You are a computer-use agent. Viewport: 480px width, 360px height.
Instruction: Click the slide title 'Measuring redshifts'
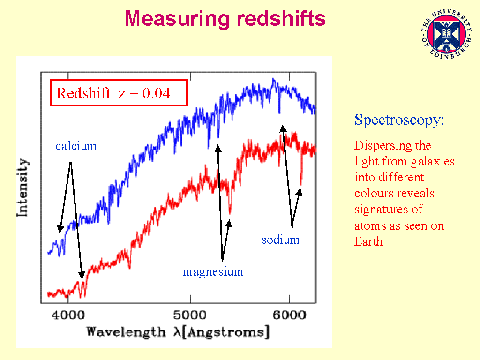click(225, 19)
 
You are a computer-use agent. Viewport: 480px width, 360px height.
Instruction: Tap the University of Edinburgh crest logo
click(447, 34)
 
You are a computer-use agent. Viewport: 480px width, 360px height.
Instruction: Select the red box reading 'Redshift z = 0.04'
click(119, 93)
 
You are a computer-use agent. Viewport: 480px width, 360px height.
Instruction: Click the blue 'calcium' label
click(75, 146)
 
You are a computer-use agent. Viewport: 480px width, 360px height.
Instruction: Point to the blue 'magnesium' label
click(213, 271)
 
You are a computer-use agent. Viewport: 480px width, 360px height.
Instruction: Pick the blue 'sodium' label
click(280, 240)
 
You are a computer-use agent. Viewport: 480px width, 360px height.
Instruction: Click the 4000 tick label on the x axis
click(68, 315)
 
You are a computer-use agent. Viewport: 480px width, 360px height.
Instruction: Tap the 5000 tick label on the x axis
click(190, 315)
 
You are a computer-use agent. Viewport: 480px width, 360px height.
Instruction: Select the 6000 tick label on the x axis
click(290, 315)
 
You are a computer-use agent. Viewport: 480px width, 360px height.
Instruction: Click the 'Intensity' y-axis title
click(22, 187)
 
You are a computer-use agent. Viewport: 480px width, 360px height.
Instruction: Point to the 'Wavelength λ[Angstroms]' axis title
click(178, 332)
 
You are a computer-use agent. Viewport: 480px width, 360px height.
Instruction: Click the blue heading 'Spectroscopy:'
click(399, 120)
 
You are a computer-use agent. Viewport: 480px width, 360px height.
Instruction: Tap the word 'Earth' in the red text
click(368, 241)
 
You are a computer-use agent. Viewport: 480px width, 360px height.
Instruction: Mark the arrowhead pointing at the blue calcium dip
click(60, 229)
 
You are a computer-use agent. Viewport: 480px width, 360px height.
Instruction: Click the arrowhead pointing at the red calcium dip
click(82, 275)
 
